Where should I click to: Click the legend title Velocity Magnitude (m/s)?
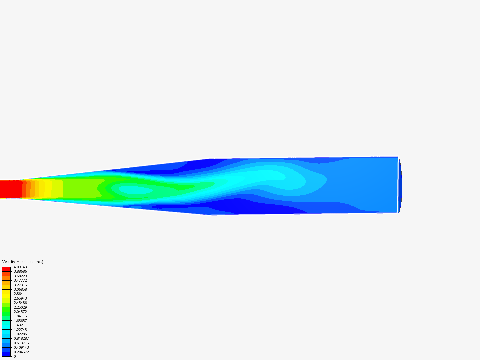click(23, 262)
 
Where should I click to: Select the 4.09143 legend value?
click(20, 267)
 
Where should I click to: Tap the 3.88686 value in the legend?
click(20, 271)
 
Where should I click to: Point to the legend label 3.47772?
click(20, 280)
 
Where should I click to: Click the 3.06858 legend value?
click(20, 289)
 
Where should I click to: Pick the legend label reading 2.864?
click(18, 294)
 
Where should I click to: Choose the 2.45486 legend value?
click(20, 303)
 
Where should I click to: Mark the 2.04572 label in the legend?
click(20, 312)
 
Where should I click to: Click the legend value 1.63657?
click(20, 321)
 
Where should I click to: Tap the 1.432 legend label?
click(18, 325)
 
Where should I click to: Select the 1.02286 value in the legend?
click(20, 334)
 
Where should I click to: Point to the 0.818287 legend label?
click(21, 338)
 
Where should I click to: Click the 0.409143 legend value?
click(21, 347)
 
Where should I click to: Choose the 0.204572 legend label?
click(21, 352)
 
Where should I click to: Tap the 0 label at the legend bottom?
click(15, 356)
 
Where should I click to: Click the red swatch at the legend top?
click(6, 269)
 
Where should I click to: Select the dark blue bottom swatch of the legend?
click(6, 354)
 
